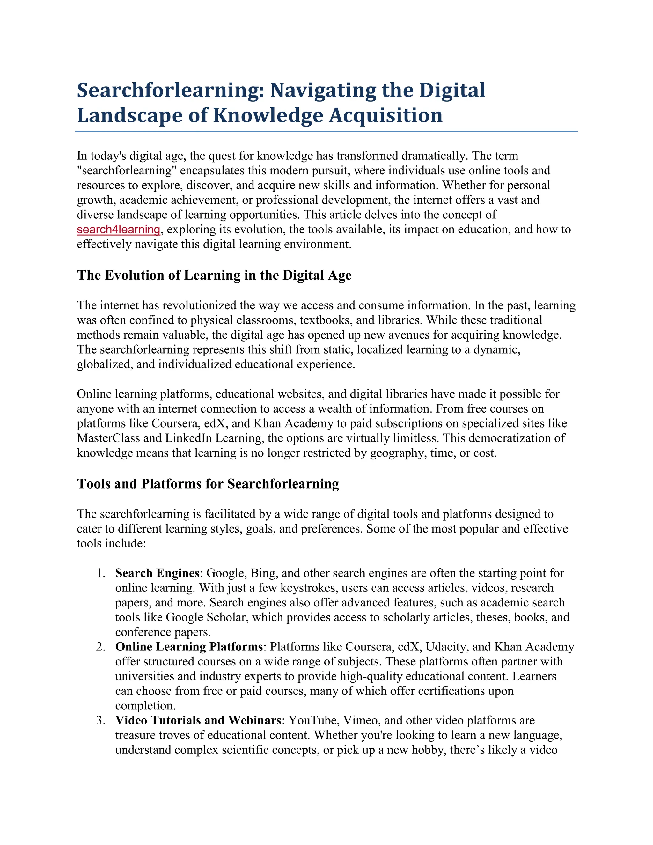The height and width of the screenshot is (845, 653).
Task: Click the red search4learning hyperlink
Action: click(x=118, y=230)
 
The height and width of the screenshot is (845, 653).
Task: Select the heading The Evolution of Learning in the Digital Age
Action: click(x=214, y=275)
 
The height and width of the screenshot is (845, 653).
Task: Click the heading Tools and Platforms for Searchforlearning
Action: click(x=208, y=484)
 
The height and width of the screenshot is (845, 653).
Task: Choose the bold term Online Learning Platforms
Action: click(x=189, y=647)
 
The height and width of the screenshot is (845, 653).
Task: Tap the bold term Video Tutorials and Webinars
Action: click(x=198, y=720)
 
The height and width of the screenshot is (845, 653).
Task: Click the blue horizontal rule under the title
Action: click(x=326, y=132)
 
